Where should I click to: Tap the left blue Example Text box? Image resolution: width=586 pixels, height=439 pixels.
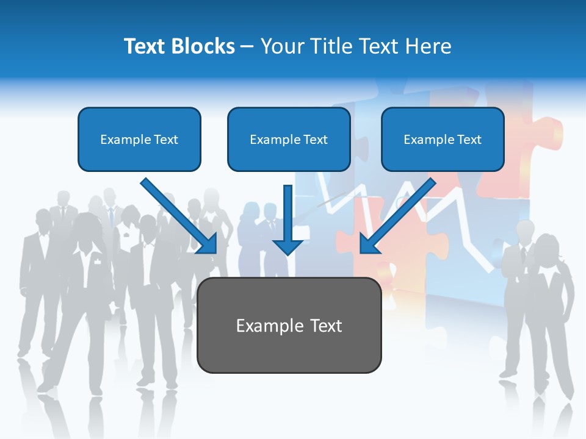pos(139,139)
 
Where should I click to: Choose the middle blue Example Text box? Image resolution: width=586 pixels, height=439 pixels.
pos(289,139)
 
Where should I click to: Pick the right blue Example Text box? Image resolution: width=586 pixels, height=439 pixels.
pos(443,139)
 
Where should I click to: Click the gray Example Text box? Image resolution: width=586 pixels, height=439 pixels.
pos(289,325)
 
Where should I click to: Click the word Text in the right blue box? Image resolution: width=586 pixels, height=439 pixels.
pos(469,139)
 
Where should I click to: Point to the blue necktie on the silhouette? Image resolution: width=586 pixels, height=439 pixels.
pos(110,216)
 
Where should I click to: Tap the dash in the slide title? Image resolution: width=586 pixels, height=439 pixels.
pos(247,46)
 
